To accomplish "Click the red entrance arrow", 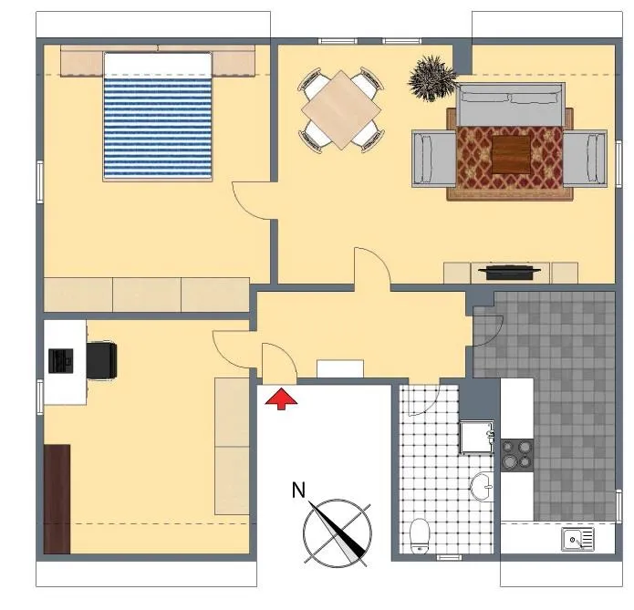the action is point(281,398).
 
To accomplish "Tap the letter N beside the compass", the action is point(298,491).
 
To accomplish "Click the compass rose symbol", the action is point(338,532).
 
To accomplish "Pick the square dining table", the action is point(341,110).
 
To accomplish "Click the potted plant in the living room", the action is point(432,78).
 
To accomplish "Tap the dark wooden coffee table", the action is point(511,154).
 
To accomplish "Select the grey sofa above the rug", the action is point(509,104).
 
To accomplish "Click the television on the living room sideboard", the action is point(509,272).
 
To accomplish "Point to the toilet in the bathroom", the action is point(420,535).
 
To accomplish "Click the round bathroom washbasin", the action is point(482,486).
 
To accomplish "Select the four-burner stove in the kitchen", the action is point(517,455).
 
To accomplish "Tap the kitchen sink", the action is point(577,539).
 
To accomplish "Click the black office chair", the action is point(102,360).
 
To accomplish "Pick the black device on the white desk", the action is point(61,360).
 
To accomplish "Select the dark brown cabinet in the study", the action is point(57,499).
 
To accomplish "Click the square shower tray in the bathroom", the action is point(477,437).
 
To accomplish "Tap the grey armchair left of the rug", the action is point(434,159).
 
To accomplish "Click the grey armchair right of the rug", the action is point(585,159).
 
